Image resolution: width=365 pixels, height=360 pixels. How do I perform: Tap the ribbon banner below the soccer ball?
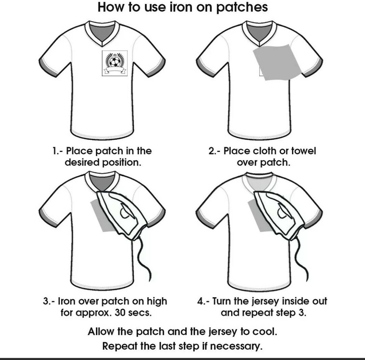pos(115,70)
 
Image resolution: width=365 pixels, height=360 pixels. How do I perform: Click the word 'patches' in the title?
pos(242,8)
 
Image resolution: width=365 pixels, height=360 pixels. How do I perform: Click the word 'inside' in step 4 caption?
pos(296,301)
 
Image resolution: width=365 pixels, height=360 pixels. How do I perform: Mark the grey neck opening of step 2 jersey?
pos(259,32)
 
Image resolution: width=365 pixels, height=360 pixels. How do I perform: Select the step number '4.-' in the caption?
pos(203,301)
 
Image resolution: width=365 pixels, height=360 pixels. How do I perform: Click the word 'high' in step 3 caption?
pos(157,302)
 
